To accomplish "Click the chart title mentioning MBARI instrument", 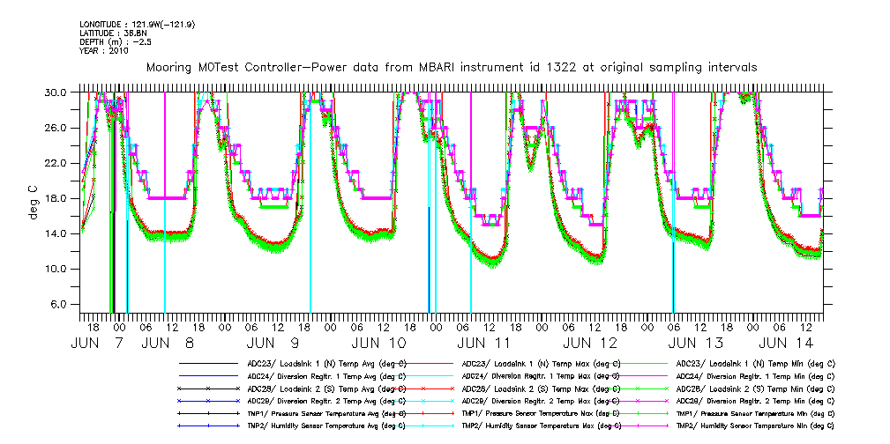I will point(452,68).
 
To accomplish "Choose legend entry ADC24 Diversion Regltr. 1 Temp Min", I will point(755,375).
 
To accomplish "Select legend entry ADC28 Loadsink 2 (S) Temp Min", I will point(755,388).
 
